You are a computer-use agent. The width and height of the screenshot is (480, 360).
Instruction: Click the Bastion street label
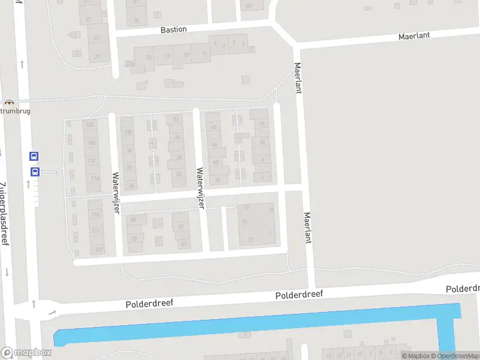tap(173, 29)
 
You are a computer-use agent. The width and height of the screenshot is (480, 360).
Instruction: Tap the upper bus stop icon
tap(34, 156)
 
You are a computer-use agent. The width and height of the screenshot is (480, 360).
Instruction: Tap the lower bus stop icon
tap(34, 172)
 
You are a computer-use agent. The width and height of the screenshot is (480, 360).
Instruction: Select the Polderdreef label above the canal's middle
tap(299, 295)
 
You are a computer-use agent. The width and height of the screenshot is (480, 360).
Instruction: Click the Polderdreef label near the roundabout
tap(149, 304)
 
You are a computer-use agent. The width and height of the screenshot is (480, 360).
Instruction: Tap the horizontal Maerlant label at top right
tap(415, 36)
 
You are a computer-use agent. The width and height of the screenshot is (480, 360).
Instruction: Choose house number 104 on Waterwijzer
tap(91, 125)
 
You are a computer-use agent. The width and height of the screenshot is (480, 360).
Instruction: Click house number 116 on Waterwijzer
tap(95, 179)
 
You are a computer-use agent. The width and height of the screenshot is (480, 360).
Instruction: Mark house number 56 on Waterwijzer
tap(217, 180)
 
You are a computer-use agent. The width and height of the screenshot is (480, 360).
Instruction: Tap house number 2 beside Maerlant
tap(263, 176)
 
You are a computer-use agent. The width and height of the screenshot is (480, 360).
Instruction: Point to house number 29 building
tap(97, 57)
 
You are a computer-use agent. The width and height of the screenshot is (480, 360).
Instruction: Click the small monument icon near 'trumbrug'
tap(8, 103)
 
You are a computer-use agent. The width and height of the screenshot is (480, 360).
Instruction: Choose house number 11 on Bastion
tap(205, 54)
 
